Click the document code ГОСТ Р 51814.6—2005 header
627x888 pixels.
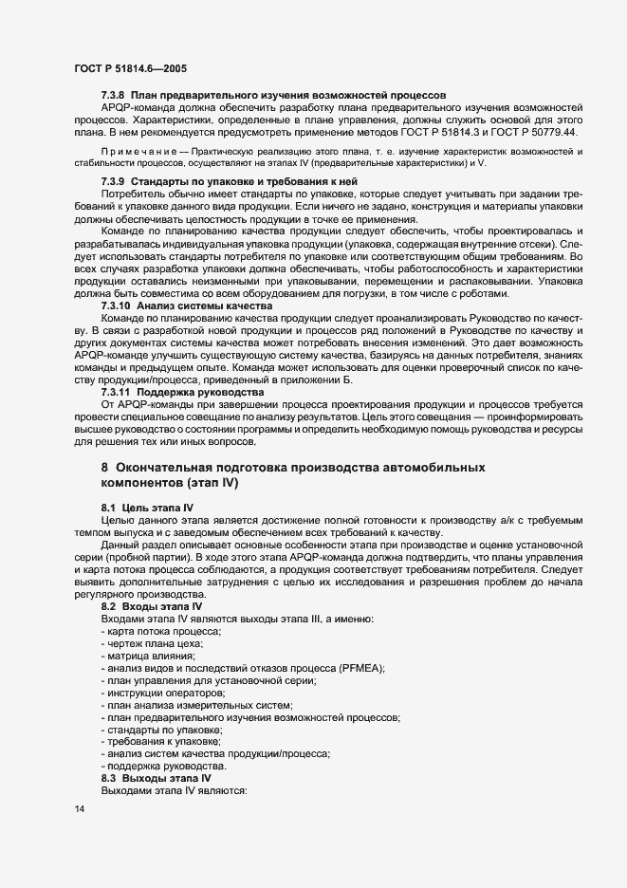point(128,68)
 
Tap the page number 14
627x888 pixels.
point(79,807)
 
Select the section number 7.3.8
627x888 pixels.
point(115,97)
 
